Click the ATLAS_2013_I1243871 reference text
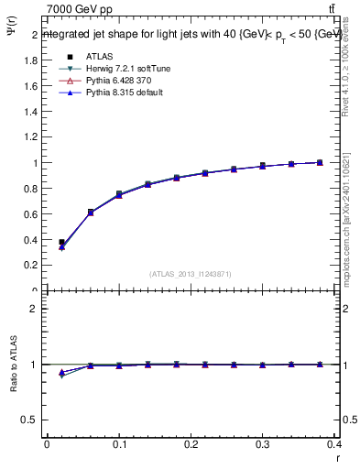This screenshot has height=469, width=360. [190, 274]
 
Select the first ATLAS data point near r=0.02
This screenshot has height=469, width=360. [61, 243]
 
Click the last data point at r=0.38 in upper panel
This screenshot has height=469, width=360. [320, 162]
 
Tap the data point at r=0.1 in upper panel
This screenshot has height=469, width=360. [119, 194]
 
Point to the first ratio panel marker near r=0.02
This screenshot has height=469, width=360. [61, 373]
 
